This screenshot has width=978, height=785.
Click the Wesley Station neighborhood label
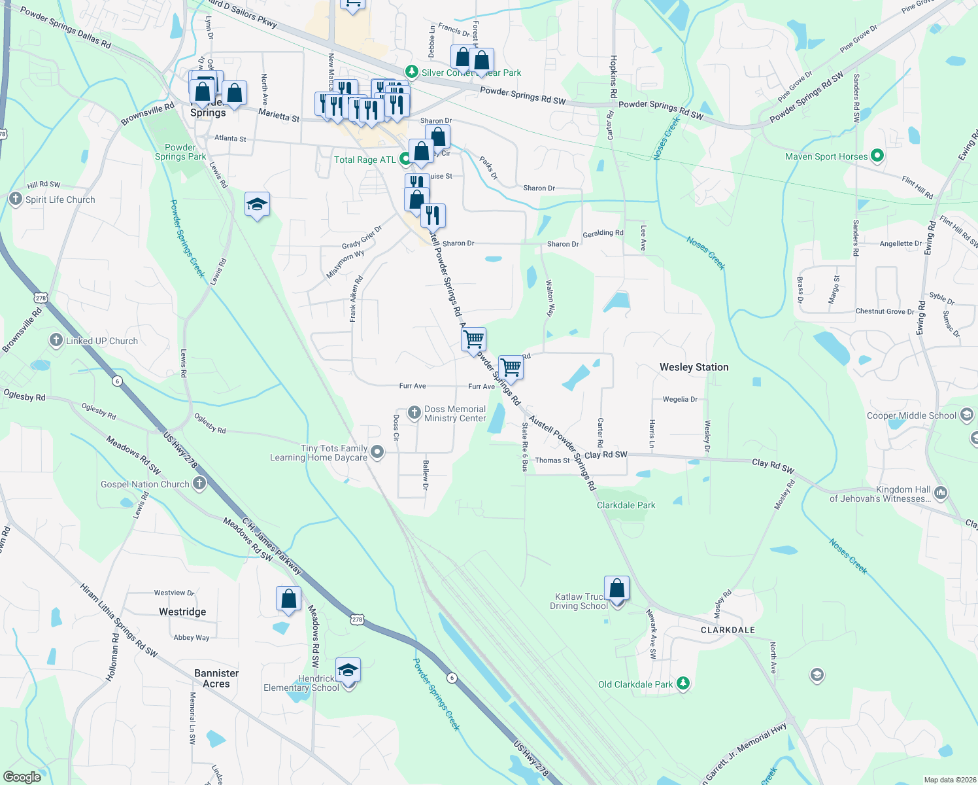tap(694, 367)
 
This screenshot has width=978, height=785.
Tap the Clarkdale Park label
tap(626, 505)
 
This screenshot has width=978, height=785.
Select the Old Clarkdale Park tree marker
tap(683, 684)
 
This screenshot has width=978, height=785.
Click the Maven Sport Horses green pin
tap(878, 156)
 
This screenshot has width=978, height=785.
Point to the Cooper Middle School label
tap(911, 415)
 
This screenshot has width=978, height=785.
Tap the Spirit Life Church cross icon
tap(16, 199)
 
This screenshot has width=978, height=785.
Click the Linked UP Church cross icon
tap(56, 340)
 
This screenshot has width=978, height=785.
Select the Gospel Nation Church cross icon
tap(199, 484)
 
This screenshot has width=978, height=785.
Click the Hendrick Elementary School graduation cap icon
tap(348, 671)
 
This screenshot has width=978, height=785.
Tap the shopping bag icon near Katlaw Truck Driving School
tap(616, 589)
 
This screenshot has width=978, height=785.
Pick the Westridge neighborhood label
tap(182, 612)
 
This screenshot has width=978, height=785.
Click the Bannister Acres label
tap(216, 678)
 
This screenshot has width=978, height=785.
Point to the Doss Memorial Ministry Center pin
tap(414, 413)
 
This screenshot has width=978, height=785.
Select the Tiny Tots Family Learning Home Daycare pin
tap(378, 452)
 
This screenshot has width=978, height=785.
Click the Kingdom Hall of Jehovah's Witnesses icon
tap(941, 493)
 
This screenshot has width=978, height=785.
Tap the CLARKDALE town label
tap(728, 630)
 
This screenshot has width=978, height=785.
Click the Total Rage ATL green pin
tap(405, 158)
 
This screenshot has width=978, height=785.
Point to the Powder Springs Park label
tap(180, 152)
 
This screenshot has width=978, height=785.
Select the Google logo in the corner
tap(22, 777)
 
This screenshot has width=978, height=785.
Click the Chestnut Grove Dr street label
tap(885, 311)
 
